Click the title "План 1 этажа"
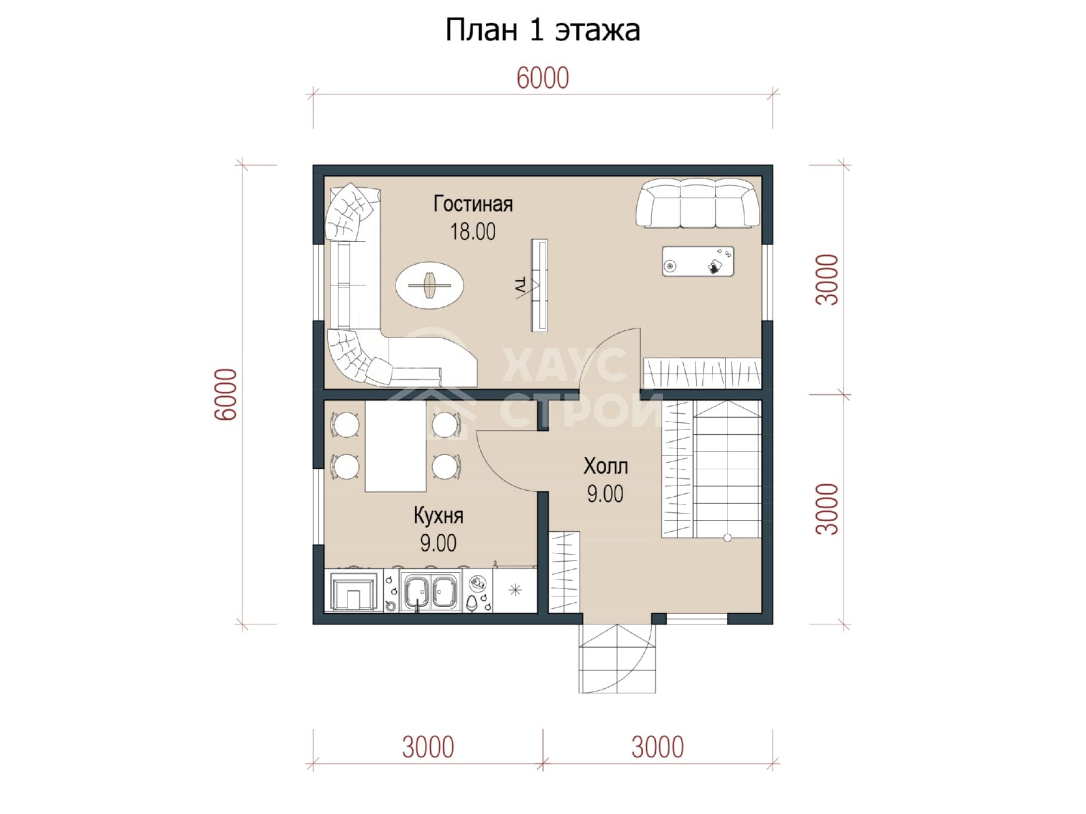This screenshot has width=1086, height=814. click(x=542, y=30)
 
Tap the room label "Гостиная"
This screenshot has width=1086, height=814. click(x=473, y=204)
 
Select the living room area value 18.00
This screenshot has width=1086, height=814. click(x=473, y=231)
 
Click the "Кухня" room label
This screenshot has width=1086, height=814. click(x=438, y=516)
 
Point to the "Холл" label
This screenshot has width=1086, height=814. click(x=605, y=466)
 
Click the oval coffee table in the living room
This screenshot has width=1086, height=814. click(x=430, y=286)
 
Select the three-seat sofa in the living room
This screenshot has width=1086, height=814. click(x=698, y=203)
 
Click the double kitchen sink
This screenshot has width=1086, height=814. click(x=430, y=592)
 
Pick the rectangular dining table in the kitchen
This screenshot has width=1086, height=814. click(x=396, y=446)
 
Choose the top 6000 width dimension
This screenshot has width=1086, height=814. click(x=542, y=78)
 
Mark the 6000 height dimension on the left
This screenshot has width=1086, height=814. click(x=227, y=395)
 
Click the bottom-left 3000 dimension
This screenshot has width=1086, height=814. click(x=428, y=747)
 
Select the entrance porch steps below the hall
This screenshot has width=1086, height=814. click(x=617, y=658)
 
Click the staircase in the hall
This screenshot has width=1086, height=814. click(x=711, y=469)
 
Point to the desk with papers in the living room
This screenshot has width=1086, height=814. click(x=698, y=261)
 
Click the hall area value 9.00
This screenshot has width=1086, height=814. click(x=605, y=494)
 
